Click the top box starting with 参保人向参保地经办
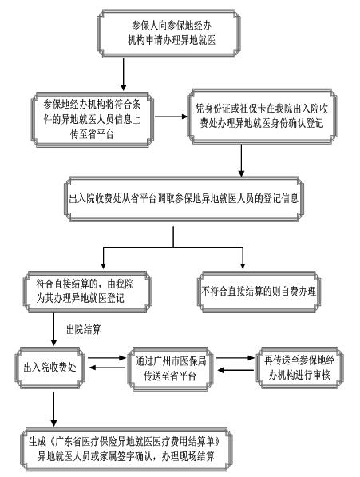[168, 34]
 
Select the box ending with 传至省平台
[93, 120]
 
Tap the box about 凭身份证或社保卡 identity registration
[262, 116]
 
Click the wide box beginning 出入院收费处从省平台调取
[184, 199]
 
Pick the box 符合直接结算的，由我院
[87, 292]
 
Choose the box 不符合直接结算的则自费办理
[259, 292]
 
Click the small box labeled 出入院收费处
[50, 368]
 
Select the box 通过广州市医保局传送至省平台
[171, 368]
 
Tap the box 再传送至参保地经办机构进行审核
[299, 368]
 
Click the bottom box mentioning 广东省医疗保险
[126, 449]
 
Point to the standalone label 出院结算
[84, 329]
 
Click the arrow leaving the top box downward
[124, 74]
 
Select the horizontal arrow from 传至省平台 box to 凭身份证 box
[171, 117]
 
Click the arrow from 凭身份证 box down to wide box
[241, 161]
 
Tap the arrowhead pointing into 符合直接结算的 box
[103, 264]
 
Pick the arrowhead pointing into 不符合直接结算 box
[243, 264]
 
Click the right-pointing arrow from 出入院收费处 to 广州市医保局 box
[106, 358]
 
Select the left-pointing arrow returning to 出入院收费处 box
[107, 368]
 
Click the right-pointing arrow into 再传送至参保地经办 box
[235, 358]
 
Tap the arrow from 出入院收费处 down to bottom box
[53, 409]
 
